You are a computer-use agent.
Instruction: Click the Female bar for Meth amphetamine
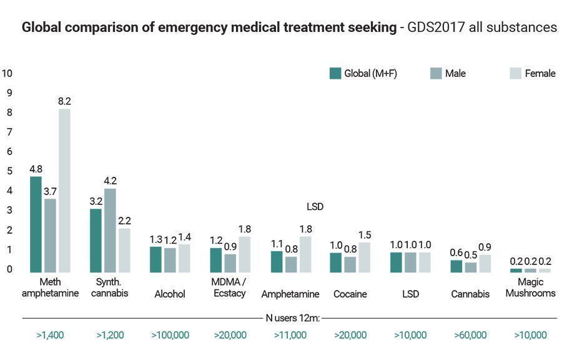pyautogui.click(x=64, y=191)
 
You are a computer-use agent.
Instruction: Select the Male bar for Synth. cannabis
pyautogui.click(x=110, y=230)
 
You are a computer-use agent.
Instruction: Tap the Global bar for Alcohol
pyautogui.click(x=155, y=259)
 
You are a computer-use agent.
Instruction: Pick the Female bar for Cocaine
pyautogui.click(x=364, y=257)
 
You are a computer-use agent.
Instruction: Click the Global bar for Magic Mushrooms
pyautogui.click(x=516, y=271)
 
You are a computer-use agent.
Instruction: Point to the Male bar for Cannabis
pyautogui.click(x=470, y=267)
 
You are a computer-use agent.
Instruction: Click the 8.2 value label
pyautogui.click(x=64, y=101)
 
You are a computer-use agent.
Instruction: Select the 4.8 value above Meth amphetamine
pyautogui.click(x=36, y=169)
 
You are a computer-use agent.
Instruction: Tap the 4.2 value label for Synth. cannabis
pyautogui.click(x=110, y=181)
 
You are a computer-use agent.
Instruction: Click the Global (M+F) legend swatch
pyautogui.click(x=335, y=73)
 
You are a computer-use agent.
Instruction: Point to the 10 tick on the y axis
pyautogui.click(x=8, y=73)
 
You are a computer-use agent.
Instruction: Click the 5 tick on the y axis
pyautogui.click(x=8, y=171)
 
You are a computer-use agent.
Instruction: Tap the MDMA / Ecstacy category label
pyautogui.click(x=229, y=288)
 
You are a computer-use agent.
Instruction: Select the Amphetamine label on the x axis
pyautogui.click(x=290, y=294)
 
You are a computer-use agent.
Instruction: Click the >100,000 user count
pyautogui.click(x=170, y=335)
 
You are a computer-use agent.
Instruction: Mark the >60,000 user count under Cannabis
pyautogui.click(x=470, y=335)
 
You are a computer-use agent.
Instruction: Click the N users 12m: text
pyautogui.click(x=293, y=318)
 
